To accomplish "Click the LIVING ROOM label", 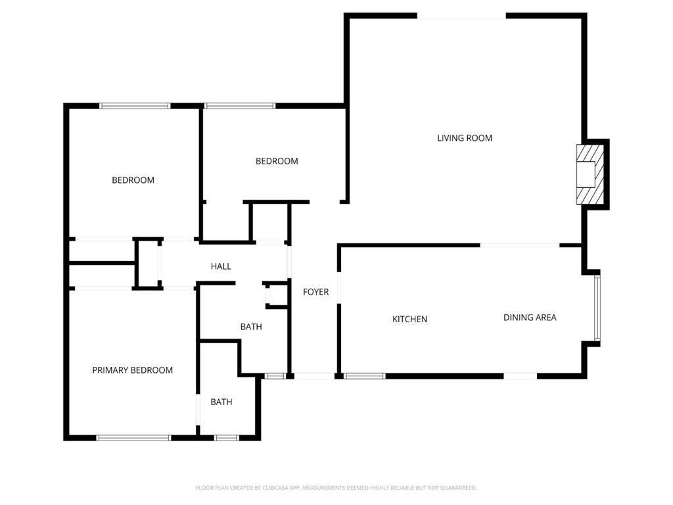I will point(465,138).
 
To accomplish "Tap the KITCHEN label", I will point(409,319).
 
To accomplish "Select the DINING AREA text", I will point(530,318).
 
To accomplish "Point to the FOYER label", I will point(315,292).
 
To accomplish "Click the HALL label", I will point(221,266).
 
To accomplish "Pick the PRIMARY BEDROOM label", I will point(132,370).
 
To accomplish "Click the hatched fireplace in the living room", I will point(586,174).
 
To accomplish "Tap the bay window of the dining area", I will point(597,308).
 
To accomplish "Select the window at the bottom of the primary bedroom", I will point(134,437).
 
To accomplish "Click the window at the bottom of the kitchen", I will point(365,376).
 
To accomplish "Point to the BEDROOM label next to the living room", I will point(277,161).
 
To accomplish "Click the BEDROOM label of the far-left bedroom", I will point(133,180).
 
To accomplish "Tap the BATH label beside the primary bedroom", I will point(221,402).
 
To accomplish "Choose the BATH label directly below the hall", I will point(251,327).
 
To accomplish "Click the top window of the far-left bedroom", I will point(135,105).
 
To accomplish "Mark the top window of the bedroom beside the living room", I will point(240,105).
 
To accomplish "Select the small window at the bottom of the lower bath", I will point(227,437).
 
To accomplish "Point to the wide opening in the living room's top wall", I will point(461,16).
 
